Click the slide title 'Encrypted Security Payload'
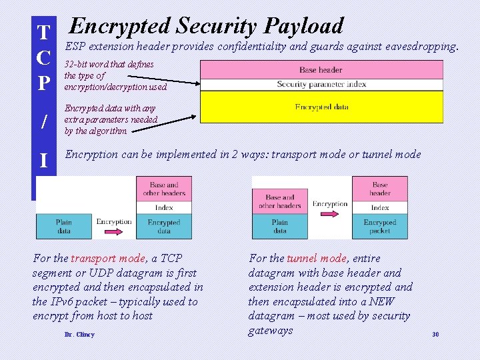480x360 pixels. pyautogui.click(x=207, y=26)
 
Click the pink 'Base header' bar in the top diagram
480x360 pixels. pyautogui.click(x=321, y=69)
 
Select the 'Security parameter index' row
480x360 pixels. pyautogui.click(x=321, y=85)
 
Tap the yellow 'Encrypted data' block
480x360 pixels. pyautogui.click(x=321, y=107)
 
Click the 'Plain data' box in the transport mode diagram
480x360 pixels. pyautogui.click(x=64, y=226)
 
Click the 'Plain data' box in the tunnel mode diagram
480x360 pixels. pyautogui.click(x=280, y=226)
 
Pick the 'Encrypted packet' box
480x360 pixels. pyautogui.click(x=380, y=226)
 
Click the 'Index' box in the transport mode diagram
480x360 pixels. pyautogui.click(x=164, y=207)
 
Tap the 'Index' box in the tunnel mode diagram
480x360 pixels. pyautogui.click(x=380, y=207)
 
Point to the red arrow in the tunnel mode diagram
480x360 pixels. pyautogui.click(x=330, y=215)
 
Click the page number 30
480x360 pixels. pyautogui.click(x=435, y=334)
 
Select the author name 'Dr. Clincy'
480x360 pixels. pyautogui.click(x=79, y=334)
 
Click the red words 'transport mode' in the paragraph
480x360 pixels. pyautogui.click(x=108, y=258)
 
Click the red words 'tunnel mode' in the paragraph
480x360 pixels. pyautogui.click(x=315, y=258)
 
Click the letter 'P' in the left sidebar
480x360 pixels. pyautogui.click(x=43, y=83)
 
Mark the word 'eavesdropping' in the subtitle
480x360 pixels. pyautogui.click(x=423, y=47)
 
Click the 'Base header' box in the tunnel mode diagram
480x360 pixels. pyautogui.click(x=380, y=189)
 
